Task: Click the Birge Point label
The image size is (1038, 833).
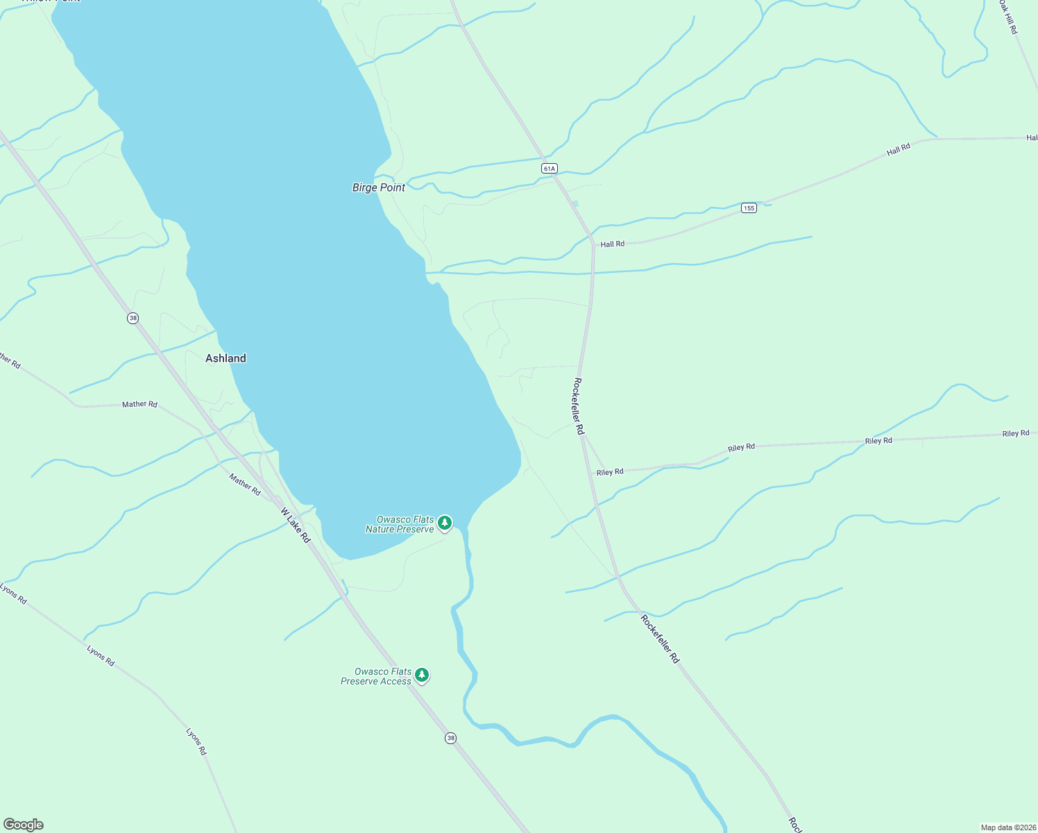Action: coord(378,187)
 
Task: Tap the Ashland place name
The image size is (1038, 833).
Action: coord(226,358)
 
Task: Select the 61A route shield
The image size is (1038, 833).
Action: coord(550,169)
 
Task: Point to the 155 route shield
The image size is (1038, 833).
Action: coord(748,208)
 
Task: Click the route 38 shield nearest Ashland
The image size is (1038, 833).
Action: coord(133,318)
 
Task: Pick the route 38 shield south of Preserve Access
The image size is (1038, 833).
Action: coord(451,738)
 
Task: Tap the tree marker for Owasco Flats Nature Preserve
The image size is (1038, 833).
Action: coord(445,523)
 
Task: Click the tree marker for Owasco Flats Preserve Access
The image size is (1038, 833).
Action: coord(421,675)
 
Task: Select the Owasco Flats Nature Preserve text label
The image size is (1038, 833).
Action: coord(400,524)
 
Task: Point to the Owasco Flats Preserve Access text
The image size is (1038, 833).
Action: coord(376,676)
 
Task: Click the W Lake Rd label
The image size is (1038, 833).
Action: coord(296,525)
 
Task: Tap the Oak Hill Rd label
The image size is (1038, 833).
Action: coord(1008,17)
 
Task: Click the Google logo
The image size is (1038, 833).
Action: coord(24,825)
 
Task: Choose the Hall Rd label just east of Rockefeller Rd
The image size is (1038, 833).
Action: coord(612,244)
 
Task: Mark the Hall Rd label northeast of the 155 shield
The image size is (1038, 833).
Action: coord(898,150)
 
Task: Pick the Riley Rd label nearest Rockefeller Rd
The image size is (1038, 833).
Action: coord(610,472)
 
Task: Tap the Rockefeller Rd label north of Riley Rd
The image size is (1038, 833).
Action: coord(578,406)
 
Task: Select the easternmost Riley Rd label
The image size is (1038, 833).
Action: coord(1015,434)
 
